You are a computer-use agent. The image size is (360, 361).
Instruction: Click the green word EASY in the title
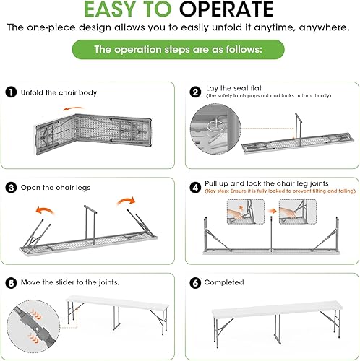[111, 9]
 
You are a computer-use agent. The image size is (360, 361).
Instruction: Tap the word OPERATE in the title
[226, 9]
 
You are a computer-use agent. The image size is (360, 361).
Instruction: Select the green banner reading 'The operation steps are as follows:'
[179, 50]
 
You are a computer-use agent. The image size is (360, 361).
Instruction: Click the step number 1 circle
[11, 92]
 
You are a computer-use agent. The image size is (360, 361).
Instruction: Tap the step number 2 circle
[195, 92]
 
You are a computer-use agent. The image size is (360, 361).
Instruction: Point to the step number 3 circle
[11, 188]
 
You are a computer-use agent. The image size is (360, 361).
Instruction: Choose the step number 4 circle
[195, 188]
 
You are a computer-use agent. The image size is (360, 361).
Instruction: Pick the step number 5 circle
[11, 283]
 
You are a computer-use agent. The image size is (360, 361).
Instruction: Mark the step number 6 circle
[195, 283]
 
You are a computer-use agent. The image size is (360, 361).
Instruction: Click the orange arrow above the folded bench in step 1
[73, 108]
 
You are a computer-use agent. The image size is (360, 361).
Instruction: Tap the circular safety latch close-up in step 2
[215, 129]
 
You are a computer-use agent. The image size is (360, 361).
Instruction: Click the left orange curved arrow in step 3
[45, 209]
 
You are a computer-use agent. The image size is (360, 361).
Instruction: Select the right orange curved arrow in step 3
[126, 201]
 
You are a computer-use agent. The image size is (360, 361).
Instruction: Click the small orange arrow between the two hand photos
[273, 211]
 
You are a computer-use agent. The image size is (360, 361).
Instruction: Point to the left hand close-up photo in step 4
[246, 212]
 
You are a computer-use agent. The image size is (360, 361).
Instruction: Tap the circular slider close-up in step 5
[33, 326]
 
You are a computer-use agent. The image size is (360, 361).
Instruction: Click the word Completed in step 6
[224, 282]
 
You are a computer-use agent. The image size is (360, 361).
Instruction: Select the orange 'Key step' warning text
[280, 191]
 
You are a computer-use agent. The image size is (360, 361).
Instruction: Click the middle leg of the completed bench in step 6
[278, 329]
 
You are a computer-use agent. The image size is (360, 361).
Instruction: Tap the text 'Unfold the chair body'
[59, 92]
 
